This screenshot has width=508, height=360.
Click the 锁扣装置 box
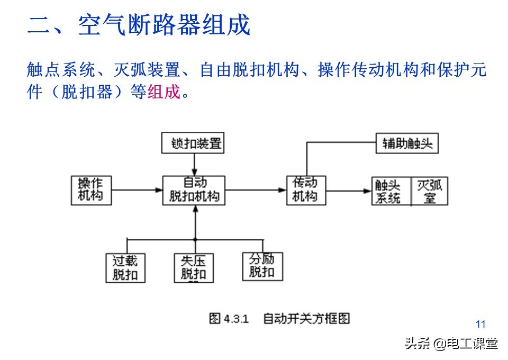click(x=193, y=143)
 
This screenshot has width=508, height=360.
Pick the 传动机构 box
click(x=305, y=190)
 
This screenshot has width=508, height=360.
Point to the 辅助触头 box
click(x=407, y=143)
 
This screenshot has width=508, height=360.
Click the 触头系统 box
click(x=392, y=191)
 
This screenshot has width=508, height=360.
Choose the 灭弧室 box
click(x=430, y=191)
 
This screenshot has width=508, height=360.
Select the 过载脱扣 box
click(x=125, y=268)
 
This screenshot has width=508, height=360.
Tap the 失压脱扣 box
click(x=194, y=268)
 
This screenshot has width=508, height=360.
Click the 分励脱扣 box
click(x=262, y=266)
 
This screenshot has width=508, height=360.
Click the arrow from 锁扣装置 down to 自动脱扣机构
click(x=194, y=165)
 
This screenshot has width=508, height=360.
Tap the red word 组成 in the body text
click(x=164, y=93)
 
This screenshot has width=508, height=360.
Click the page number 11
click(x=480, y=325)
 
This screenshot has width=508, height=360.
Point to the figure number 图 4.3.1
click(x=229, y=319)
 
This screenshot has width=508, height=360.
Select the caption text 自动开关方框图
click(x=306, y=319)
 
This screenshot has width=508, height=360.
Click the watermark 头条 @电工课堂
click(x=451, y=344)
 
